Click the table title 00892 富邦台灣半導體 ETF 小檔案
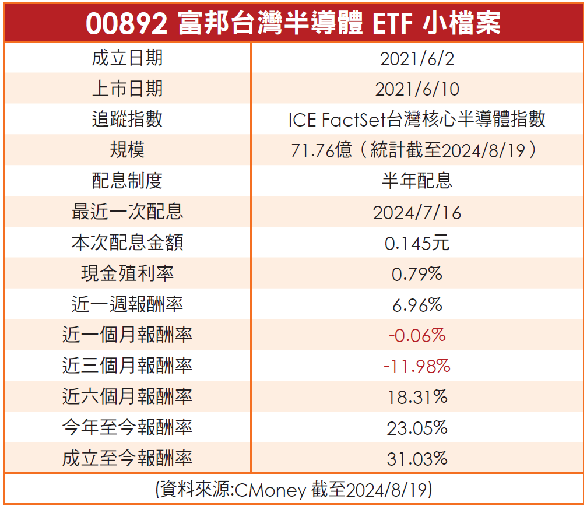[x=293, y=23]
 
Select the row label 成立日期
[x=127, y=58]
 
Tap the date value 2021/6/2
[x=417, y=58]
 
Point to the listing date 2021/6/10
[x=417, y=89]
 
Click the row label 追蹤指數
[x=127, y=120]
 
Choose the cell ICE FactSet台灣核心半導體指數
[x=417, y=120]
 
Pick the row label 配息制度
[x=127, y=181]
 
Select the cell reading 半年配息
[x=417, y=181]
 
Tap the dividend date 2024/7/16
[x=417, y=212]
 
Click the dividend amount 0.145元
[x=417, y=243]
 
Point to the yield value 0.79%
[x=417, y=274]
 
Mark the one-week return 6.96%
[x=417, y=304]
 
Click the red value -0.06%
[x=417, y=335]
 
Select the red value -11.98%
[x=417, y=366]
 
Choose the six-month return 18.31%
[x=417, y=397]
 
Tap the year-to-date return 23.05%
[x=417, y=428]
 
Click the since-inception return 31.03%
[x=417, y=459]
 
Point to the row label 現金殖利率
[x=127, y=273]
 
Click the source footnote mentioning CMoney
[x=293, y=490]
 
